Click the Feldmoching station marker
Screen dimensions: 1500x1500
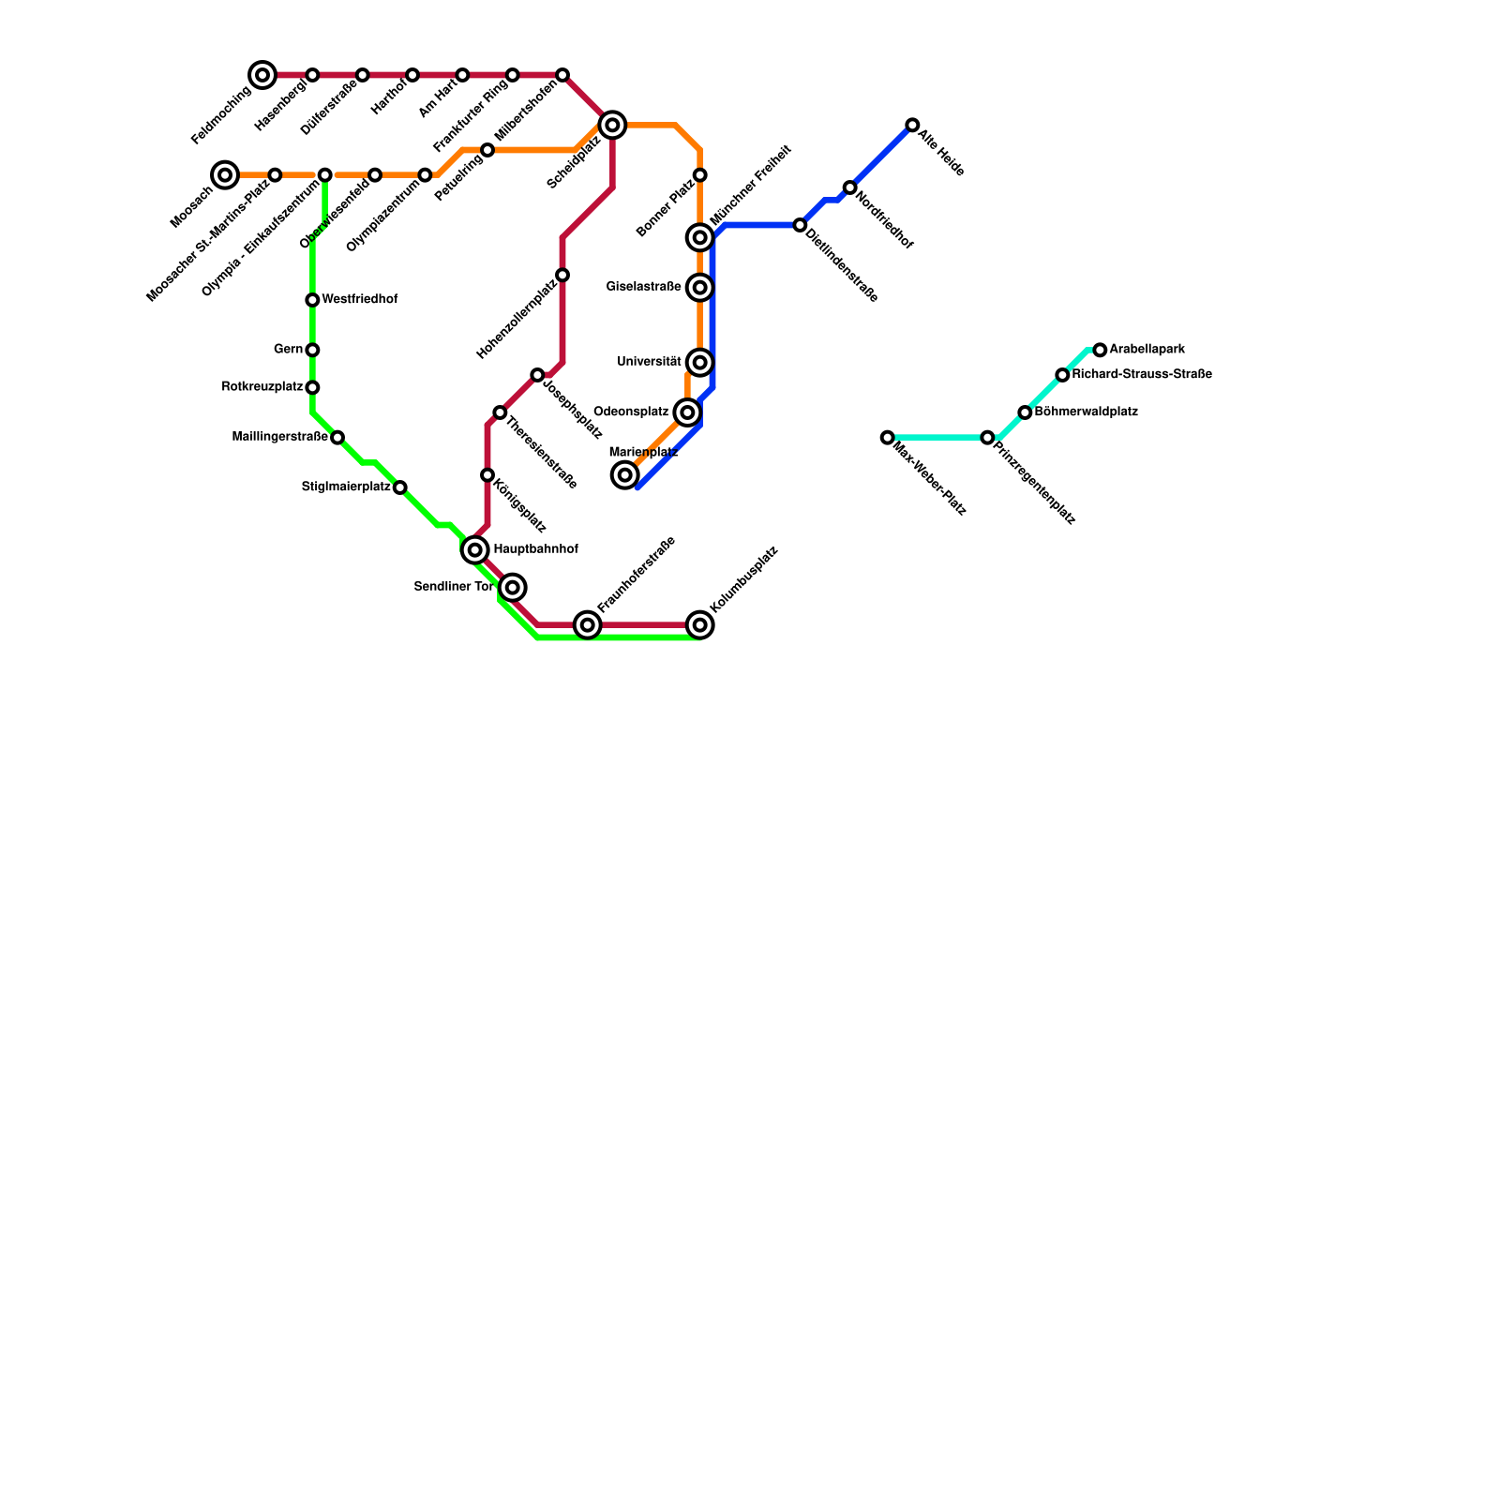click(262, 75)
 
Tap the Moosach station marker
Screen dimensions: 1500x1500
click(225, 175)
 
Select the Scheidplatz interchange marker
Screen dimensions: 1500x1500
click(612, 125)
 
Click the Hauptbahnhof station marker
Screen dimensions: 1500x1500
click(475, 550)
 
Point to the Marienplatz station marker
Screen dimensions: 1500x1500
click(625, 475)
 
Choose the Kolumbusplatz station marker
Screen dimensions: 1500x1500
click(700, 624)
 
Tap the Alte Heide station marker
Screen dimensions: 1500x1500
click(912, 125)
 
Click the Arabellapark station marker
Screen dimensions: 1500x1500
click(1100, 350)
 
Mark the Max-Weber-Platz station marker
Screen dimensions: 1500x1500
click(888, 438)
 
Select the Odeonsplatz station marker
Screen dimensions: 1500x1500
click(687, 412)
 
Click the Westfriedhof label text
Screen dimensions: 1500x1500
click(360, 300)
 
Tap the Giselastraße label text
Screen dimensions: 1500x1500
click(643, 287)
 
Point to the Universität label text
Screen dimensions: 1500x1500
click(649, 362)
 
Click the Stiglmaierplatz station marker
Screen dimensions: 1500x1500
click(400, 487)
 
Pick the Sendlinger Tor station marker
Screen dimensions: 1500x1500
click(512, 588)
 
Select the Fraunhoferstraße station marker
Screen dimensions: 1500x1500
click(588, 624)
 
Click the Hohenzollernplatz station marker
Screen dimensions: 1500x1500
click(562, 275)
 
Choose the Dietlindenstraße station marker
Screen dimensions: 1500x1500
click(800, 225)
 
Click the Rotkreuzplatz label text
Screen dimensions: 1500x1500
click(262, 387)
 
